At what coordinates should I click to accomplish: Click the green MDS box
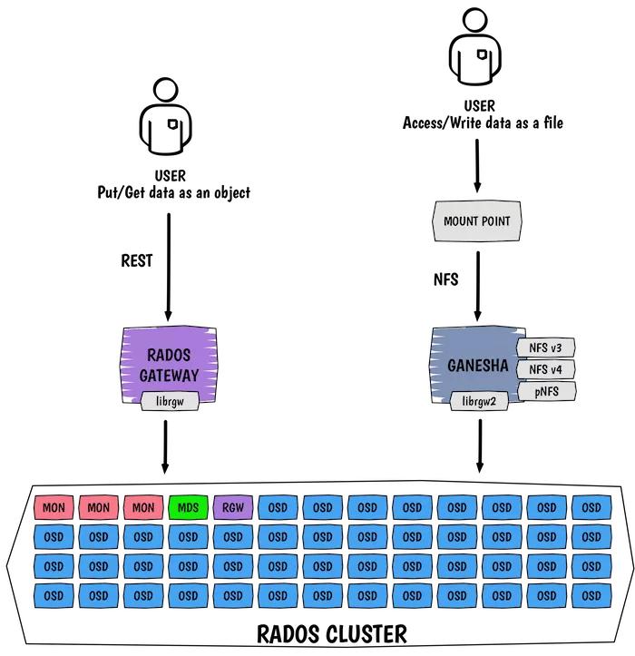188,507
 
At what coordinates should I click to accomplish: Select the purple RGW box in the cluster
233,507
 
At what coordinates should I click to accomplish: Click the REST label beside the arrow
137,261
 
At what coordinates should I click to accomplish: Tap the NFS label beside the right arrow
444,280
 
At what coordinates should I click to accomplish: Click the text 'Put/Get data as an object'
173,193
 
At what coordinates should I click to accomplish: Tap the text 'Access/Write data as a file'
482,122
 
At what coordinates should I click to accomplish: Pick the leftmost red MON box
54,507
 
